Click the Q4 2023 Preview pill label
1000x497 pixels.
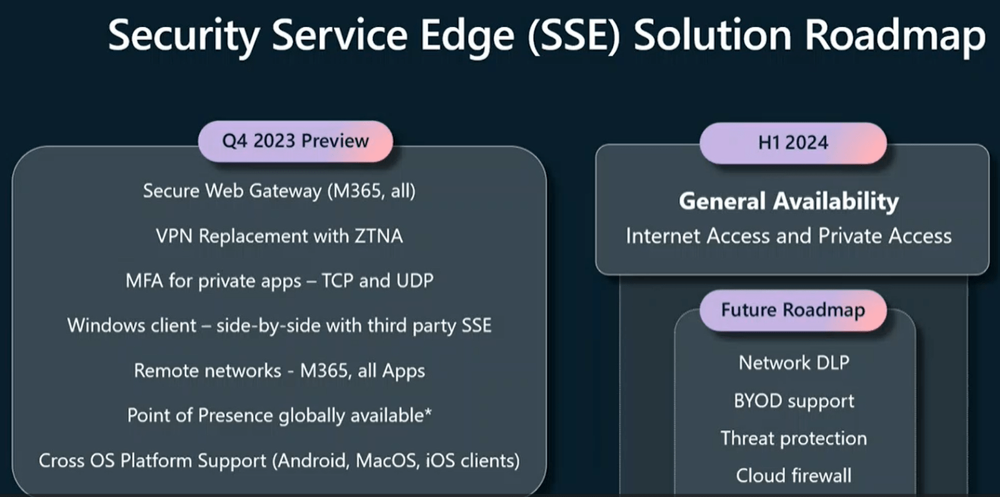(296, 141)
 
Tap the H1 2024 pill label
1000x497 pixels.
(793, 143)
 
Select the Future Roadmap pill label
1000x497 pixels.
(793, 310)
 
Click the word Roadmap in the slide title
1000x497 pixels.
(895, 36)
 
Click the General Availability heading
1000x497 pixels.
(789, 201)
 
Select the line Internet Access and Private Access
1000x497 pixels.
(789, 236)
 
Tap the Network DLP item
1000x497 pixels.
(794, 363)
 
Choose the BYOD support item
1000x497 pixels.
(794, 401)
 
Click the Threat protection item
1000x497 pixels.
(794, 438)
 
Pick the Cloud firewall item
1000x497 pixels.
(794, 476)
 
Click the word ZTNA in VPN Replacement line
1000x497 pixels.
(379, 236)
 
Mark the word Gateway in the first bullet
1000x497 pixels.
(285, 191)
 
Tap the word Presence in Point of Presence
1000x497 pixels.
(235, 416)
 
